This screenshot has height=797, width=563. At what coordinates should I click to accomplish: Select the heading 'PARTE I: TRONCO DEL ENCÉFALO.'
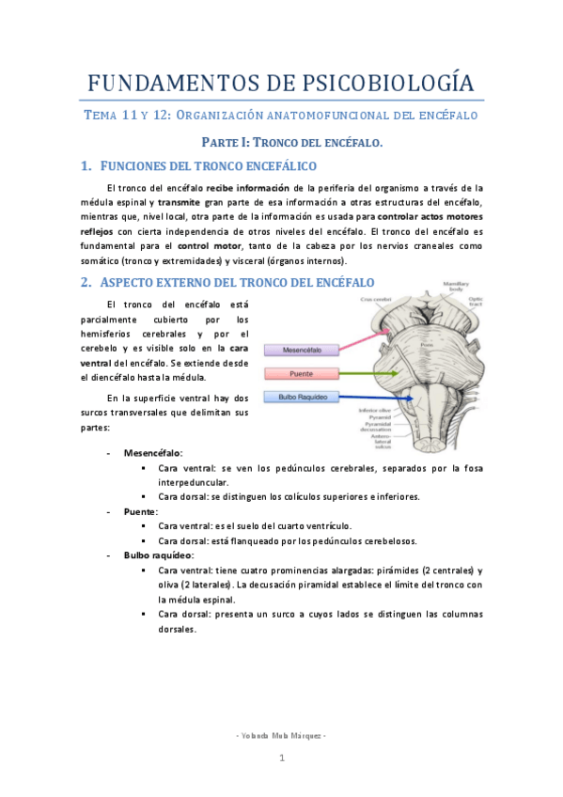(x=294, y=142)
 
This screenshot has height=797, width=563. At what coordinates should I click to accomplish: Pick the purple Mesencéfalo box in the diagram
(x=299, y=350)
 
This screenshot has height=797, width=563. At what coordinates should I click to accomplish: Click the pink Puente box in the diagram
(x=299, y=373)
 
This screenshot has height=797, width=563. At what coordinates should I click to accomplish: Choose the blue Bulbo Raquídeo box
(x=299, y=398)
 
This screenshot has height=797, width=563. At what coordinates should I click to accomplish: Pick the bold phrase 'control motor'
(x=202, y=245)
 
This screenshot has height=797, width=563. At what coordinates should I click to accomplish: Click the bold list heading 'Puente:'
(x=141, y=511)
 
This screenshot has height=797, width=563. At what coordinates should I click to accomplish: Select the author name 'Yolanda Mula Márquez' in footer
(x=280, y=734)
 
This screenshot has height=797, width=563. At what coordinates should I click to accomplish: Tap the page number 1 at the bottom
(x=280, y=758)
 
